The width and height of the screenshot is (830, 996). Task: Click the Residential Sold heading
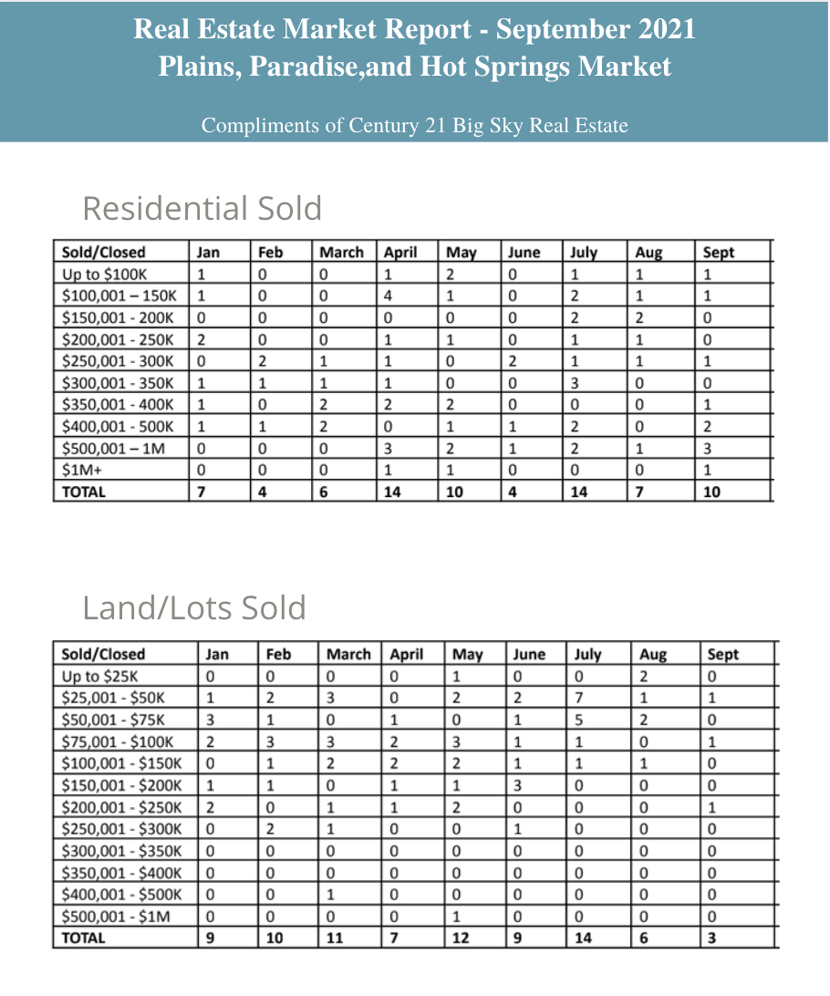(202, 209)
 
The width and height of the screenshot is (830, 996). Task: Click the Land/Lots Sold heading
(193, 607)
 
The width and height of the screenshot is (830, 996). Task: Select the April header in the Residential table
(400, 253)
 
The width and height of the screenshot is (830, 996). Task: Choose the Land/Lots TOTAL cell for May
(460, 938)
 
